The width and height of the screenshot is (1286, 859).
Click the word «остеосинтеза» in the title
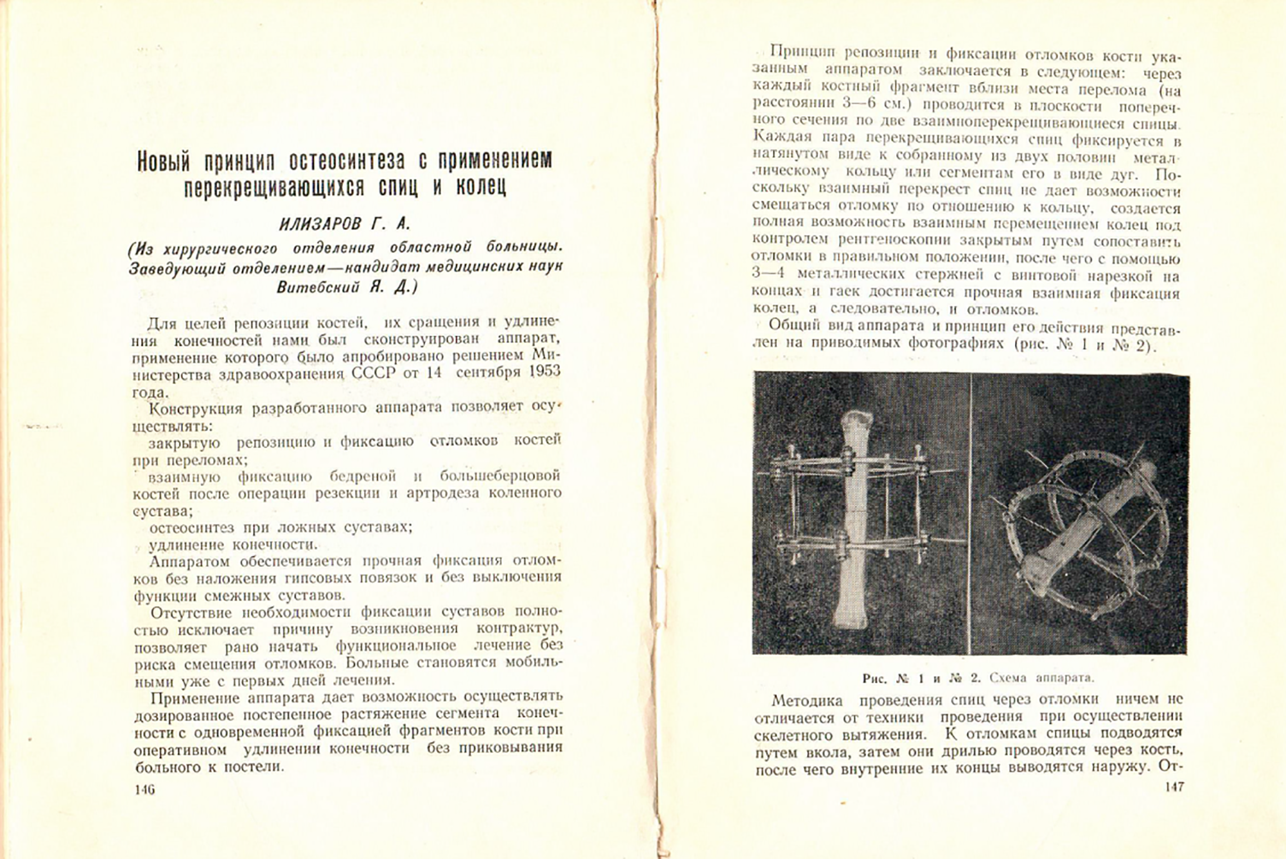(347, 162)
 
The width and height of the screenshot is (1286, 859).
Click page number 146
(144, 790)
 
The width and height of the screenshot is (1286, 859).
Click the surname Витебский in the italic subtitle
(316, 287)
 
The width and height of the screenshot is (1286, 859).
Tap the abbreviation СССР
(373, 372)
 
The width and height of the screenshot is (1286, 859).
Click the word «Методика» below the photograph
(807, 700)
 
